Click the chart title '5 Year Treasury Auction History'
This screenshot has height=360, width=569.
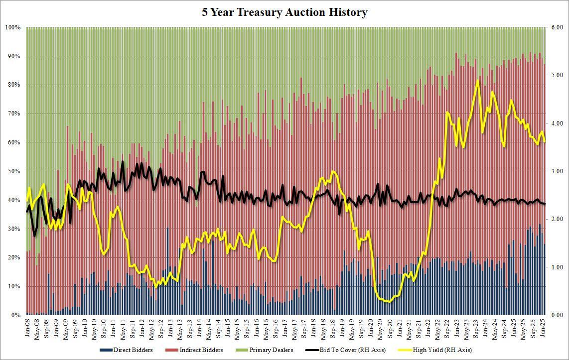pyautogui.click(x=284, y=12)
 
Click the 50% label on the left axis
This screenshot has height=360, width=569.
pyautogui.click(x=13, y=171)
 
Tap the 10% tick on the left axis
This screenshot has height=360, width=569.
pyautogui.click(x=13, y=286)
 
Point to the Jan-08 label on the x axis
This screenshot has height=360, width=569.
pyautogui.click(x=28, y=326)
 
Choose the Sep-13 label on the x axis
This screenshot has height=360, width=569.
pyautogui.click(x=190, y=326)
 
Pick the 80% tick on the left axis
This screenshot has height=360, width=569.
pyautogui.click(x=13, y=85)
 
